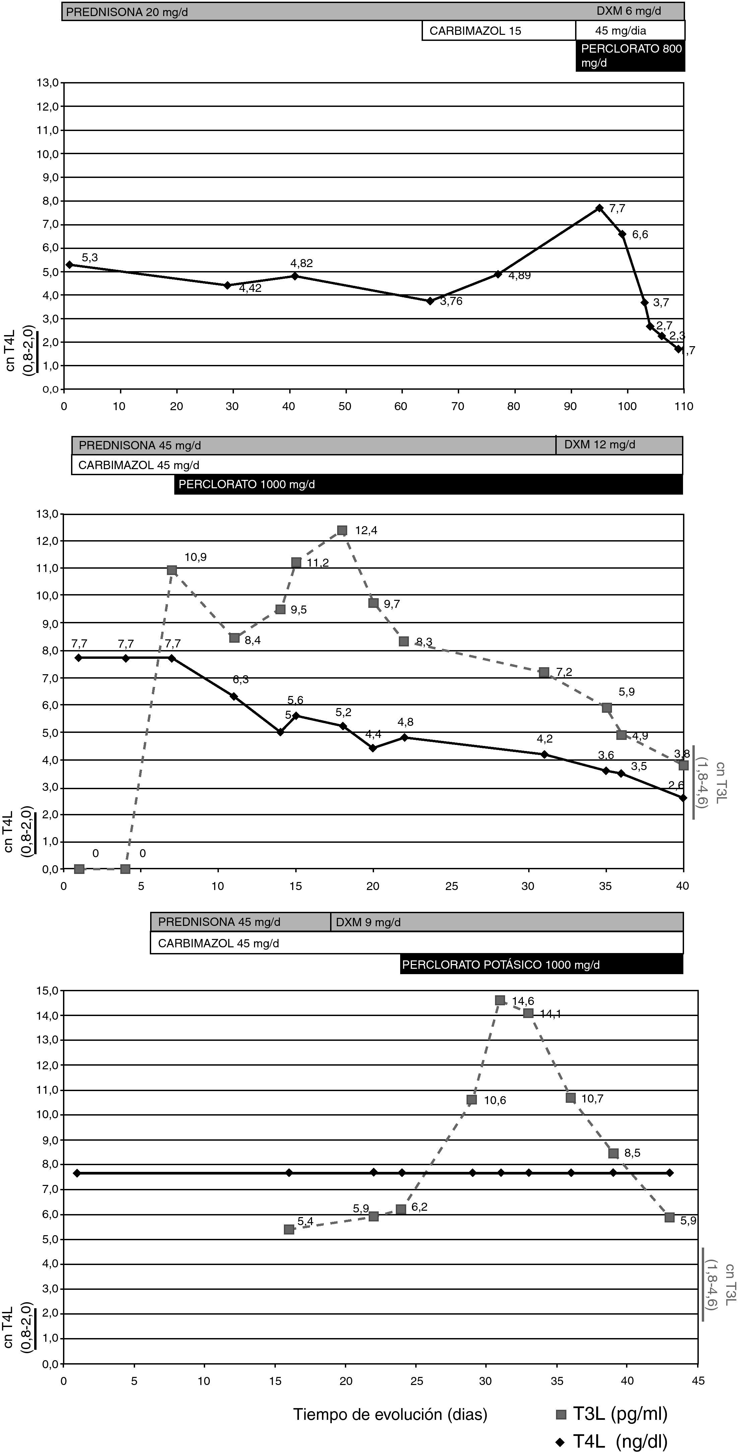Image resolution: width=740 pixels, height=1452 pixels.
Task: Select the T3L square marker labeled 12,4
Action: click(x=342, y=530)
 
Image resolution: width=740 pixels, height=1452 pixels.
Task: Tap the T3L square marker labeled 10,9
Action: click(x=172, y=570)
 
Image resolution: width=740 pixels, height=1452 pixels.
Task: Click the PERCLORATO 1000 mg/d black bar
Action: click(x=428, y=484)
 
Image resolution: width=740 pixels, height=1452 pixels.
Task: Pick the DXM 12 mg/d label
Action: click(x=600, y=445)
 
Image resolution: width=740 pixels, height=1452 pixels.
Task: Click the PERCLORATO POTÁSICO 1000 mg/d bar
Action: click(x=541, y=964)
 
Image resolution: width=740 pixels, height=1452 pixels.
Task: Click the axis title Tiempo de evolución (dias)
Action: click(x=390, y=1414)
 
